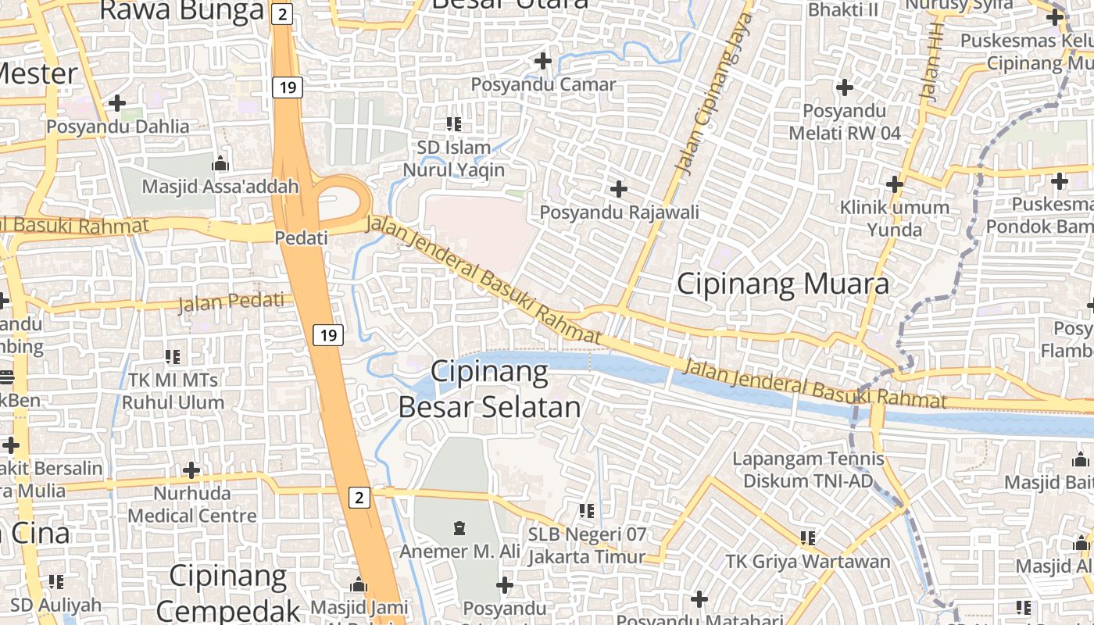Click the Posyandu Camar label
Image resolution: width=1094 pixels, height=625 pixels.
[x=544, y=84]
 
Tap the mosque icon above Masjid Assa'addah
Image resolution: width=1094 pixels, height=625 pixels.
[x=220, y=164]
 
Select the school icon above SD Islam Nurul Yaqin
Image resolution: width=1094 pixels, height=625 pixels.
[x=454, y=123]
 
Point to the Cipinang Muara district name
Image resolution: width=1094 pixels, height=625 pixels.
[x=782, y=284]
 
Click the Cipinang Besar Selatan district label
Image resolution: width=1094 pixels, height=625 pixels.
[x=490, y=389]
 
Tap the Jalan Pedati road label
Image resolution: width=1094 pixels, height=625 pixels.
[x=232, y=302]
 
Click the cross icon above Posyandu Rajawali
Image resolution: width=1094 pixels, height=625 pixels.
[x=619, y=189]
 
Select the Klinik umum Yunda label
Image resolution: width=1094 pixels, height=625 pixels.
[x=894, y=219]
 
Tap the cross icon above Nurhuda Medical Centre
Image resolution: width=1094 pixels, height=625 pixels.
[x=191, y=470]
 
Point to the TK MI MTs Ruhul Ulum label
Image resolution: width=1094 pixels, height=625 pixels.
[x=173, y=391]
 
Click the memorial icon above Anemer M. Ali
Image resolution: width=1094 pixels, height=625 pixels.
[x=459, y=528]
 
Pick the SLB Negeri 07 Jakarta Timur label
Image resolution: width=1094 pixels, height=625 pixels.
[x=587, y=546]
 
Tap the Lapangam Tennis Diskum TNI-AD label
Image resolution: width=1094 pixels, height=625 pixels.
[x=808, y=470]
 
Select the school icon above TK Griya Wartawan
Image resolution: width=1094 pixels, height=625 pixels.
[x=808, y=537]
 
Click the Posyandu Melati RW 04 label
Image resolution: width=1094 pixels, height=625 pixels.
[x=845, y=123]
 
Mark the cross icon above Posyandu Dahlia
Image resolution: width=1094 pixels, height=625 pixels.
[x=117, y=102]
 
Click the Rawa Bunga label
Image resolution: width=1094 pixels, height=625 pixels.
[x=182, y=11]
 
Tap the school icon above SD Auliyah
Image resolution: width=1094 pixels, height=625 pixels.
[x=56, y=582]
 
